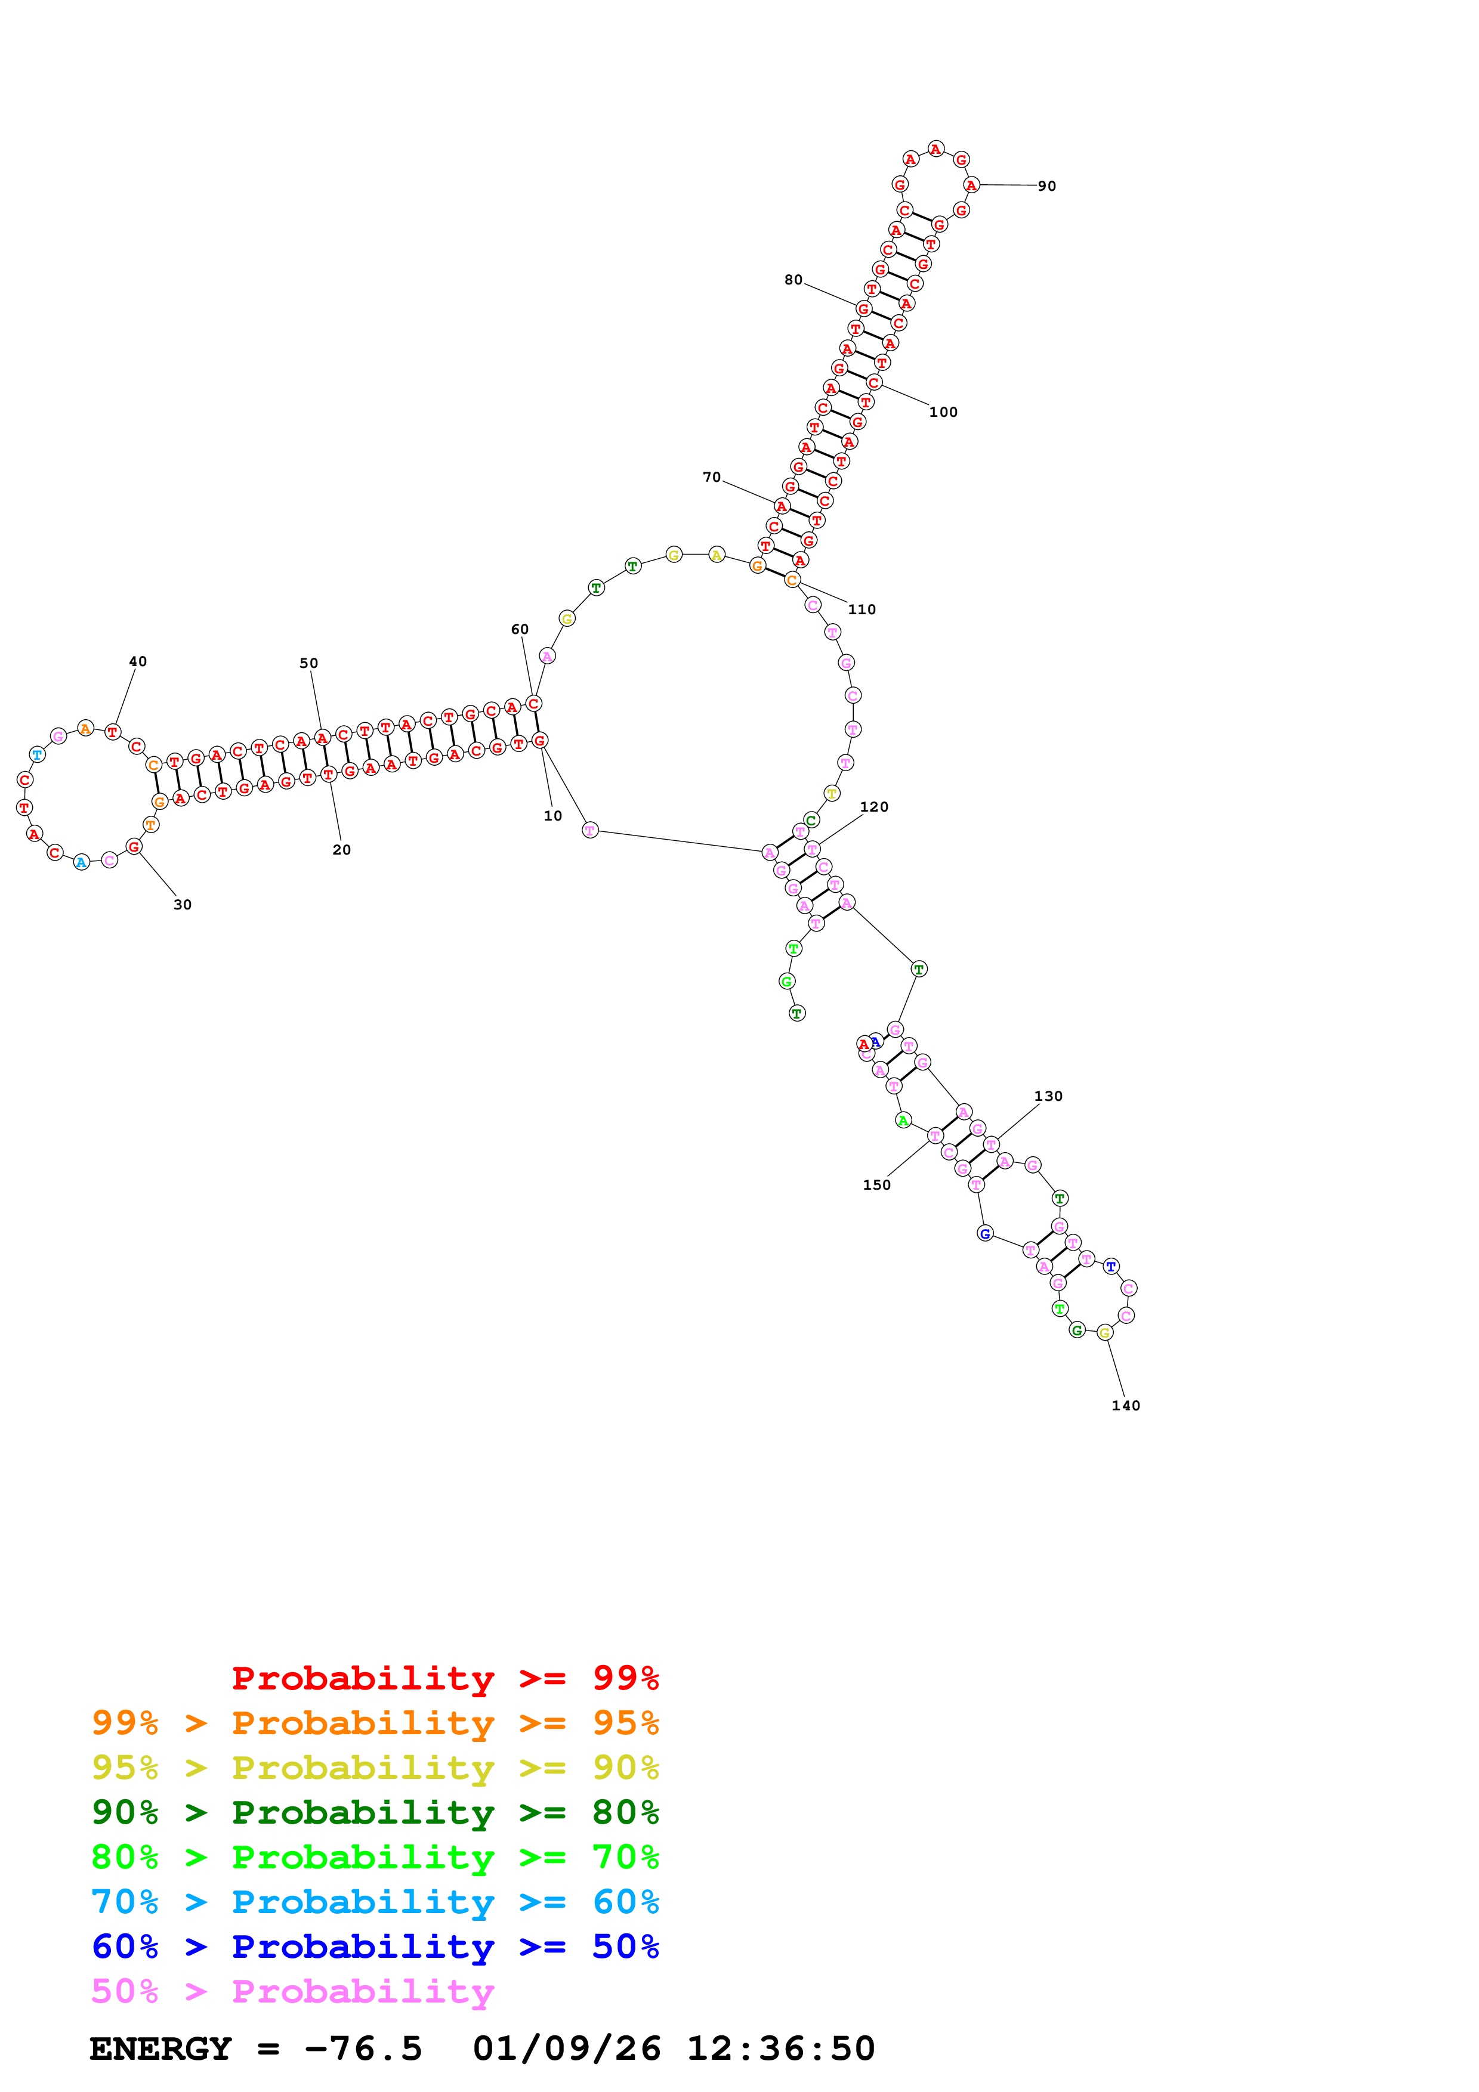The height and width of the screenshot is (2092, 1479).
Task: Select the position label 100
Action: click(943, 413)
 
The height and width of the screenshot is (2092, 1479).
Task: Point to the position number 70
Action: click(712, 478)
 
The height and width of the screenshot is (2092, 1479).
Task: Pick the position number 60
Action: click(520, 630)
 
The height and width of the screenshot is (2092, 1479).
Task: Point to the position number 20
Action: click(342, 850)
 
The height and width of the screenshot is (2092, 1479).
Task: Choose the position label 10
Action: click(553, 816)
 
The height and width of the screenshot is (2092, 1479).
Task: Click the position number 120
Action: click(874, 807)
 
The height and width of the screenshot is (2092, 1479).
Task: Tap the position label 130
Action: click(1048, 1096)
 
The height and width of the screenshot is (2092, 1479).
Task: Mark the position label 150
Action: click(876, 1186)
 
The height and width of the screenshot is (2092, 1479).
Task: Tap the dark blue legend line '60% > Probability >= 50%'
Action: click(375, 1946)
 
